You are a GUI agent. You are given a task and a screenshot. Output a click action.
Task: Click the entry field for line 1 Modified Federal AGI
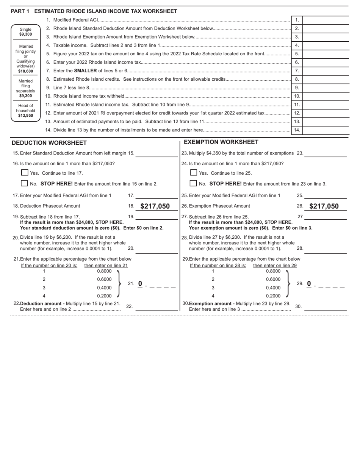pyautogui.click(x=326, y=20)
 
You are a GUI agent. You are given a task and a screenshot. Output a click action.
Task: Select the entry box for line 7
pyautogui.click(x=326, y=71)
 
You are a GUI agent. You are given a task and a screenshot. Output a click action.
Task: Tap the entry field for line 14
pyautogui.click(x=326, y=130)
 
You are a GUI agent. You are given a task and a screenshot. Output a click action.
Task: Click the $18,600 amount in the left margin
pyautogui.click(x=26, y=71)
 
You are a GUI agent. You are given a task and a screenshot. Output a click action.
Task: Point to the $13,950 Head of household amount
pyautogui.click(x=26, y=116)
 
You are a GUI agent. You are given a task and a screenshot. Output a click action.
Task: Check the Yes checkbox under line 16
pyautogui.click(x=25, y=173)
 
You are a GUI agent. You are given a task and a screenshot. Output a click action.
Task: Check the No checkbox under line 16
pyautogui.click(x=25, y=183)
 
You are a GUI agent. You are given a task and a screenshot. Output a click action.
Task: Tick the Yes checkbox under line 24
pyautogui.click(x=194, y=173)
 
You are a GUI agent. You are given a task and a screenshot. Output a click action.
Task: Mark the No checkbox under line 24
pyautogui.click(x=194, y=183)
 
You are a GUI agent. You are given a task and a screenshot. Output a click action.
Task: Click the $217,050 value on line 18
pyautogui.click(x=155, y=206)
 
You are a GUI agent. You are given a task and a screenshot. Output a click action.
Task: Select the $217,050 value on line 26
pyautogui.click(x=324, y=206)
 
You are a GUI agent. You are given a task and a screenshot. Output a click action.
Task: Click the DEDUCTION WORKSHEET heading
pyautogui.click(x=49, y=143)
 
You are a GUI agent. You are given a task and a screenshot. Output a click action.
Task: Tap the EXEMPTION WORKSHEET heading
pyautogui.click(x=221, y=142)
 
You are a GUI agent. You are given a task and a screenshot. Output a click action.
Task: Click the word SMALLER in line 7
pyautogui.click(x=85, y=71)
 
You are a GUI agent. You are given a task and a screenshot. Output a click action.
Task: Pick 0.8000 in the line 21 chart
pyautogui.click(x=104, y=271)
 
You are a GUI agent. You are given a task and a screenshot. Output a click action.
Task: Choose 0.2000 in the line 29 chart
pyautogui.click(x=273, y=296)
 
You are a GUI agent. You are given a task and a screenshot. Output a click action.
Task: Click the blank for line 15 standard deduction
pyautogui.click(x=157, y=153)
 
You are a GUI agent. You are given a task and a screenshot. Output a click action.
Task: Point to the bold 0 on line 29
pyautogui.click(x=309, y=284)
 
